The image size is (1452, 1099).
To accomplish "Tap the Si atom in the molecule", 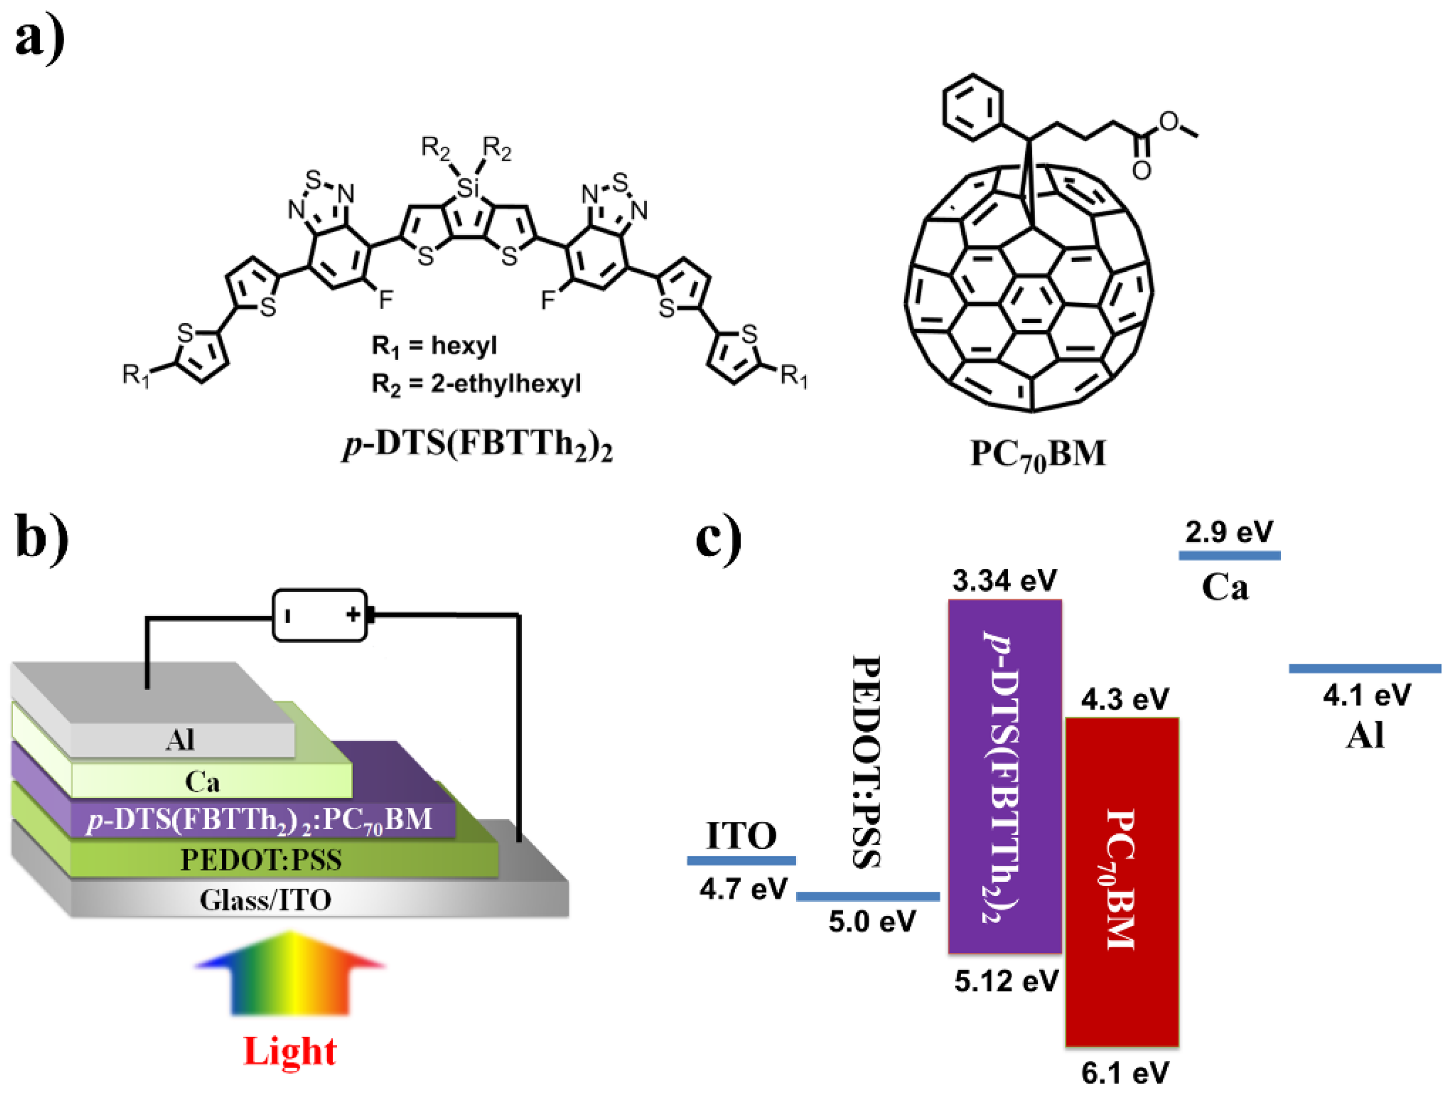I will click(x=468, y=188).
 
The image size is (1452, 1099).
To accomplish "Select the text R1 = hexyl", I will click(x=434, y=346).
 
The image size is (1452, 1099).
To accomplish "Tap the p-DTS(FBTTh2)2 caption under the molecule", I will click(x=477, y=446).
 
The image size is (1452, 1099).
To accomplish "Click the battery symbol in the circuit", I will click(x=320, y=615).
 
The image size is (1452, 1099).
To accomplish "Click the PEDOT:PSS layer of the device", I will click(x=261, y=860).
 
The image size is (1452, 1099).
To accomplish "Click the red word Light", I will click(x=290, y=1051).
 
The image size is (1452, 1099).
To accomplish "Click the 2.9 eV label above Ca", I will click(x=1229, y=532).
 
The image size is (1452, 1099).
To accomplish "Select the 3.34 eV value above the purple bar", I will click(x=1004, y=581).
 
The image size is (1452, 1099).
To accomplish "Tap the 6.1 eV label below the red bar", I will click(x=1125, y=1073).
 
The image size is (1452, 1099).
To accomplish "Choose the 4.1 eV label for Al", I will click(x=1366, y=695).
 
